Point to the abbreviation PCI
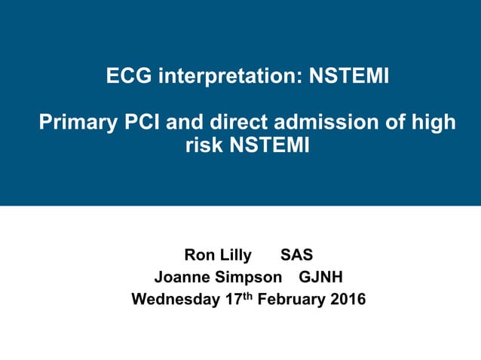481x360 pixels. [144, 121]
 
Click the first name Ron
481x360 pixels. [199, 255]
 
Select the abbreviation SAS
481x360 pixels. [296, 255]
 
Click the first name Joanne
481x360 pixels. [182, 277]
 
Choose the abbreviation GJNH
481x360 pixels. [321, 277]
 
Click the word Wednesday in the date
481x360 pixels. [176, 299]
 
